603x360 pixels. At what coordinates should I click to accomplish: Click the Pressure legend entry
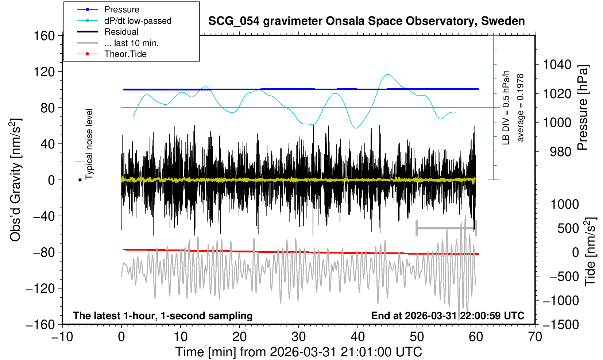pyautogui.click(x=121, y=9)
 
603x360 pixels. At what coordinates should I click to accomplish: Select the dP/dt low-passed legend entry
pyautogui.click(x=138, y=21)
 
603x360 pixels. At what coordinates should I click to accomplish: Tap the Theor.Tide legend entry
pyautogui.click(x=125, y=54)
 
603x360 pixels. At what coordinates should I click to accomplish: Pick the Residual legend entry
pyautogui.click(x=121, y=32)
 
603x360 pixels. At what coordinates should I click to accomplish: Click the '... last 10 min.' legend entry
pyautogui.click(x=131, y=43)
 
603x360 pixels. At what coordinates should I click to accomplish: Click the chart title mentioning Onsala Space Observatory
pyautogui.click(x=366, y=21)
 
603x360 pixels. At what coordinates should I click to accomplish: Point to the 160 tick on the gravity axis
pyautogui.click(x=44, y=36)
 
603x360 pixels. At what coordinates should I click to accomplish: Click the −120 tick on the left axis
pyautogui.click(x=40, y=289)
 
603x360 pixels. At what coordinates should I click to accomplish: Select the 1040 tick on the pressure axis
pyautogui.click(x=557, y=65)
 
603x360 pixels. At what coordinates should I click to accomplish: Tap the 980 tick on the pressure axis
pyautogui.click(x=560, y=151)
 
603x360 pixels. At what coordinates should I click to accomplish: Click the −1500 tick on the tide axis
pyautogui.click(x=561, y=324)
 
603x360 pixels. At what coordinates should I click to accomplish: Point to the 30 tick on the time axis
pyautogui.click(x=298, y=336)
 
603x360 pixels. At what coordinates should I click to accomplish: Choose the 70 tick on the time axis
pyautogui.click(x=535, y=336)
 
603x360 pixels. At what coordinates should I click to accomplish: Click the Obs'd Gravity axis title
pyautogui.click(x=16, y=180)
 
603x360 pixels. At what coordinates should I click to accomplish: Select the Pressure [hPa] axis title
pyautogui.click(x=583, y=108)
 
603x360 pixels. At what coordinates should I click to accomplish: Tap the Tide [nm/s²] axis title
pyautogui.click(x=590, y=252)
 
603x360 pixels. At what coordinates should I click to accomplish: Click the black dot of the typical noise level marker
pyautogui.click(x=80, y=180)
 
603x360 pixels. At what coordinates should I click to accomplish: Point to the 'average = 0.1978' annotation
pyautogui.click(x=520, y=108)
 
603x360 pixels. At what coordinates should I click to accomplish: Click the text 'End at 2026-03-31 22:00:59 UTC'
pyautogui.click(x=448, y=316)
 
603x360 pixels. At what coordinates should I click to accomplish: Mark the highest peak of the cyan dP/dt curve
pyautogui.click(x=387, y=74)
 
